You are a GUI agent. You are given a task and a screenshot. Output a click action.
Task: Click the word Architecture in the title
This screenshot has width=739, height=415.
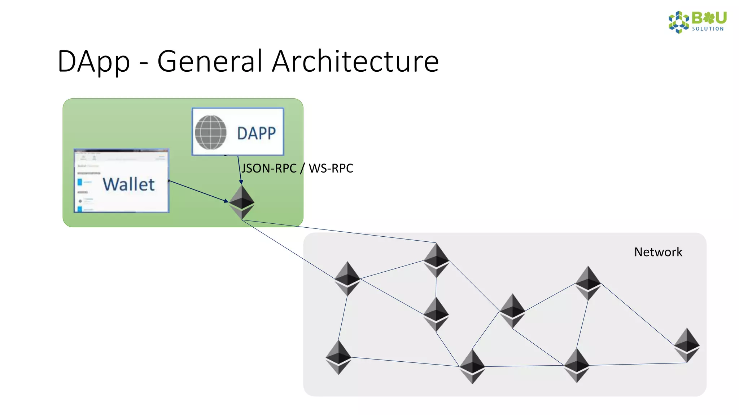tap(355, 61)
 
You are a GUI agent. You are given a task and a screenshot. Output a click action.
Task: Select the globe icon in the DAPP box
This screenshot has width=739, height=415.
tap(211, 132)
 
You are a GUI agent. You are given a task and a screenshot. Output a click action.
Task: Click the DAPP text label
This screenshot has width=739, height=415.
tap(256, 133)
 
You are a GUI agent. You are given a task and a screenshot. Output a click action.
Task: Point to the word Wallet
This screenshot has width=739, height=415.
tap(129, 184)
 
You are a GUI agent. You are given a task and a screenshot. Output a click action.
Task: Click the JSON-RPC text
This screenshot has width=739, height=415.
tap(269, 168)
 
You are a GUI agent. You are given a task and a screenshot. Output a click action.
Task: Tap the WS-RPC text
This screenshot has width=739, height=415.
tap(331, 168)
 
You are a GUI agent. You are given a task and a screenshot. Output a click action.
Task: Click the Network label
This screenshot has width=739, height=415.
tap(658, 252)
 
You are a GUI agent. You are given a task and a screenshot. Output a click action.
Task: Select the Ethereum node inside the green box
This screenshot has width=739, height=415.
tap(242, 202)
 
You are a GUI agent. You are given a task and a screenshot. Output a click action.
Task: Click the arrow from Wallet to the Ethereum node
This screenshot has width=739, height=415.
tap(198, 191)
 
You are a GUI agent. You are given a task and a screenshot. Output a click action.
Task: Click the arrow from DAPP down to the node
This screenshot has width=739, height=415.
tap(239, 169)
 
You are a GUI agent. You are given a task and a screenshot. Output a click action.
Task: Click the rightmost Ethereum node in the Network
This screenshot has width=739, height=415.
tap(687, 345)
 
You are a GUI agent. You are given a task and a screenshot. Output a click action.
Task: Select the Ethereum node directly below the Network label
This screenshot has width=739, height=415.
tap(588, 283)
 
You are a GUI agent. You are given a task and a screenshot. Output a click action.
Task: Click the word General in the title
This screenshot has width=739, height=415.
tap(210, 61)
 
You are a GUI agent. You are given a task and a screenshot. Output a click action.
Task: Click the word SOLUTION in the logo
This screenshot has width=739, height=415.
tap(708, 29)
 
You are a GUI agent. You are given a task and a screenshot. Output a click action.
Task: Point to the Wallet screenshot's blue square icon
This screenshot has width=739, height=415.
tap(80, 182)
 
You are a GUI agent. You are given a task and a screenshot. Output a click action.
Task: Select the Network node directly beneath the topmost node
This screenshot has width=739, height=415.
tap(436, 314)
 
